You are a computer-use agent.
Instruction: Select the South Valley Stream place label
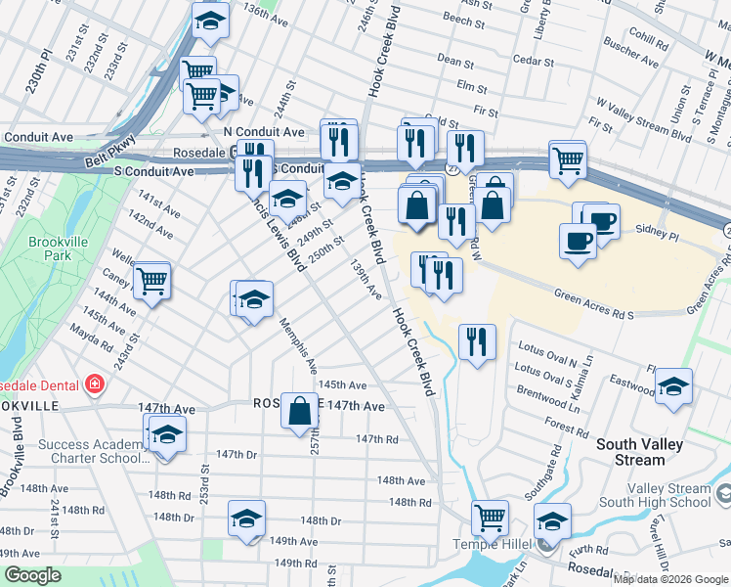point(644,452)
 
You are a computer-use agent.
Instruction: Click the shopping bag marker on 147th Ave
point(299,412)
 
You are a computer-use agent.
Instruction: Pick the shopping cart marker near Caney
point(151,282)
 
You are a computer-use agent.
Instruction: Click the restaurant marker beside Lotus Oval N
point(477,342)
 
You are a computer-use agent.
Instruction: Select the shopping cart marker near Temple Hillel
point(489,518)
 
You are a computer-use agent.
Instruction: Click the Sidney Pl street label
point(659,235)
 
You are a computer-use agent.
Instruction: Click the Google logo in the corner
point(33,575)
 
